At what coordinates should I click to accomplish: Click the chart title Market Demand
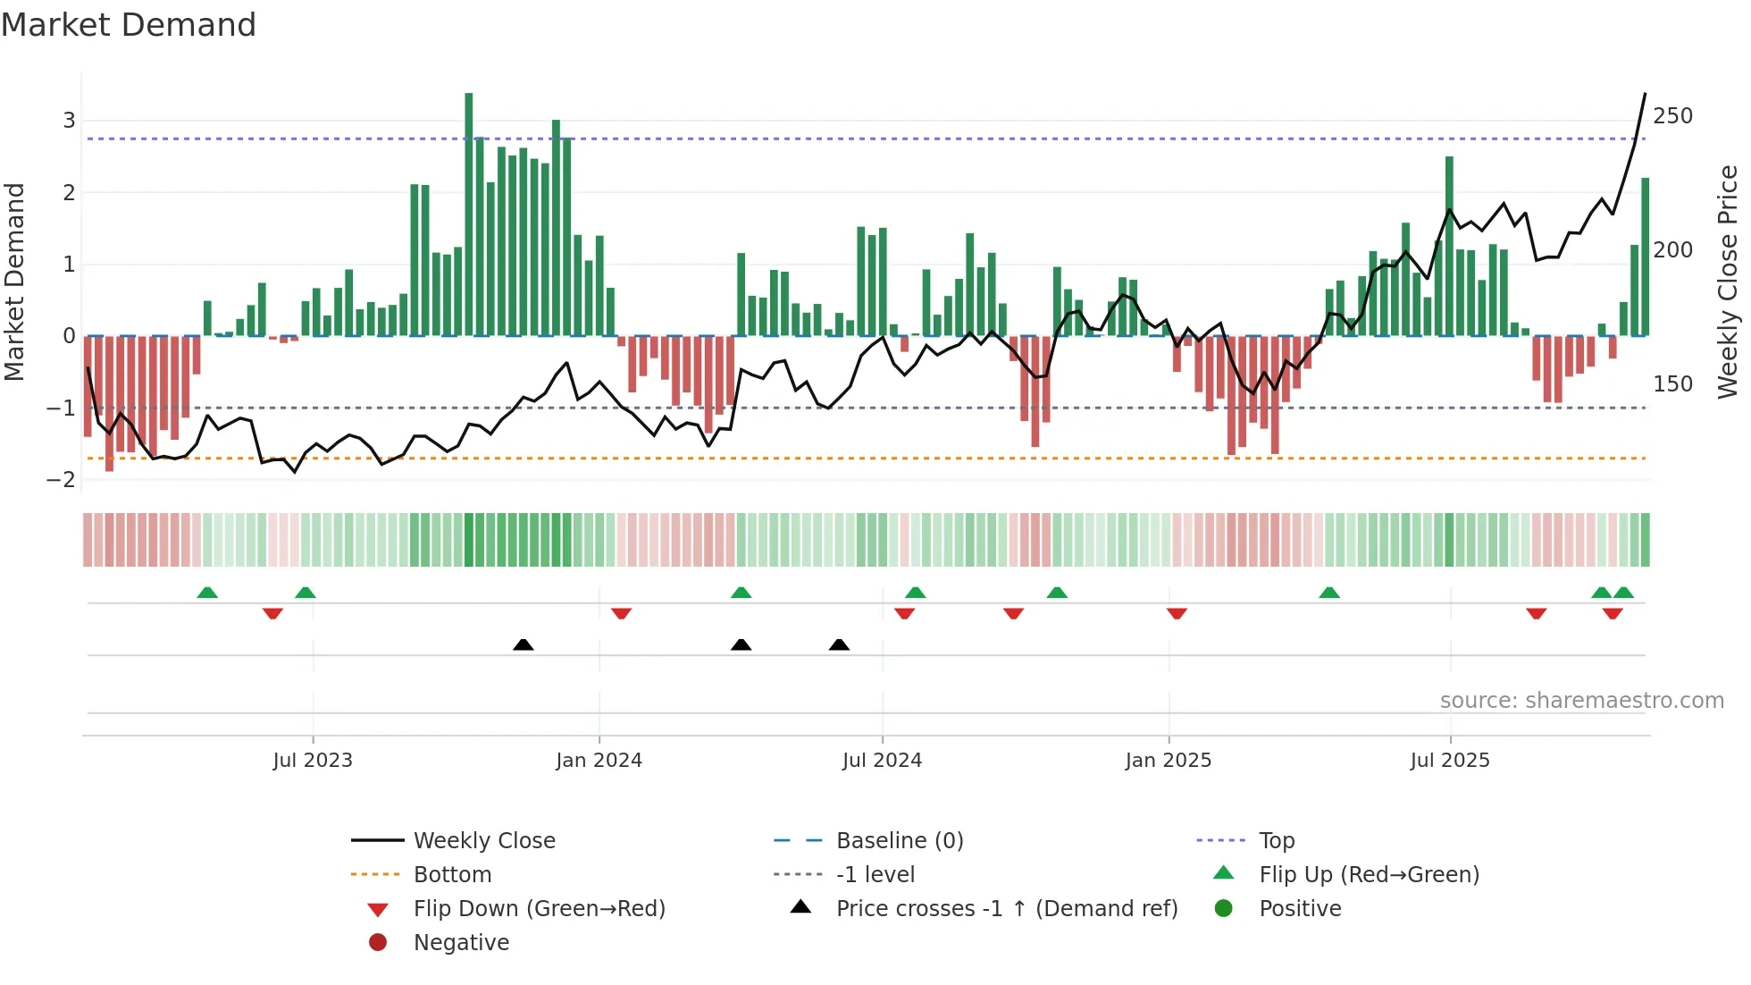tap(129, 25)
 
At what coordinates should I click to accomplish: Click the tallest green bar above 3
tap(468, 215)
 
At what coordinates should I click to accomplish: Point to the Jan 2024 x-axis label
tap(599, 761)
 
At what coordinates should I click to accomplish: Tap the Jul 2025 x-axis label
tap(1450, 761)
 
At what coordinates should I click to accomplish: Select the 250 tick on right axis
tap(1672, 116)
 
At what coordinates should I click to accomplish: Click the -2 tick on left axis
tap(61, 480)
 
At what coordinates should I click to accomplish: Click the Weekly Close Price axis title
tap(1728, 282)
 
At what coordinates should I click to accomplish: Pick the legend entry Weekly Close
tap(483, 841)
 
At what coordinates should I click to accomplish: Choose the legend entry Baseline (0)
tap(899, 841)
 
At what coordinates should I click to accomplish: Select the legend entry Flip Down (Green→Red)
tap(539, 909)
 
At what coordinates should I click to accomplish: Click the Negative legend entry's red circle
tap(378, 943)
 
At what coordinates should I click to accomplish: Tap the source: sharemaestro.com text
tap(1581, 701)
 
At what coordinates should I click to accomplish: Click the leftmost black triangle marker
tap(524, 645)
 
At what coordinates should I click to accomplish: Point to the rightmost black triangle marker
tap(839, 645)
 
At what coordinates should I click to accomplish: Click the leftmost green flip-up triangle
tap(207, 593)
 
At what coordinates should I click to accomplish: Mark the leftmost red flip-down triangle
tap(272, 613)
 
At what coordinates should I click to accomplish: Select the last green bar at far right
tap(1645, 257)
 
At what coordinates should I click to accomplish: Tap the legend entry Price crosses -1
tap(1006, 909)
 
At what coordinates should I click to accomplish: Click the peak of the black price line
tap(1645, 94)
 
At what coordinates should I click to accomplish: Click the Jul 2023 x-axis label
tap(313, 761)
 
